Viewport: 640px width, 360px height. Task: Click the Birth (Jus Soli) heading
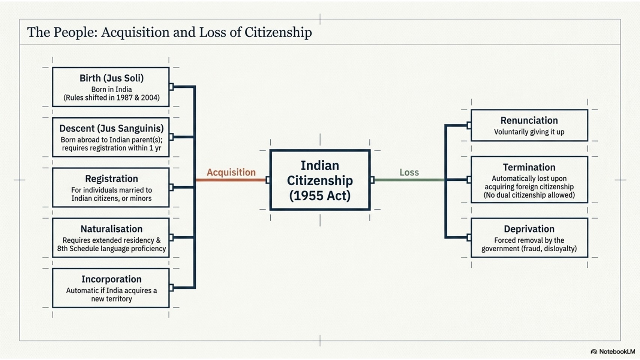(111, 78)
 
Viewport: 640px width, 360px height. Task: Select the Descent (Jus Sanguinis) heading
(111, 129)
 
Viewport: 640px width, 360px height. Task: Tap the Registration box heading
(111, 179)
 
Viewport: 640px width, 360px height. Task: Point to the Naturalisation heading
(111, 229)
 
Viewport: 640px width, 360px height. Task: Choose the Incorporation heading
(111, 279)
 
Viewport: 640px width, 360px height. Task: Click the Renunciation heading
(529, 120)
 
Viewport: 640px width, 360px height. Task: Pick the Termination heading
(529, 167)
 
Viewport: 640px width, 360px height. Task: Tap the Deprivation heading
(529, 229)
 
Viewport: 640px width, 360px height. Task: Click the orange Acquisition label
(231, 172)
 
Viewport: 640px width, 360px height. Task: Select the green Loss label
(409, 172)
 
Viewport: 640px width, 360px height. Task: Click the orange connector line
(231, 180)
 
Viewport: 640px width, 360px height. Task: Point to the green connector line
(409, 180)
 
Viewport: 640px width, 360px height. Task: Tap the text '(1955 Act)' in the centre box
(320, 196)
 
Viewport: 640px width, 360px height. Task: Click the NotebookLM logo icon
(594, 351)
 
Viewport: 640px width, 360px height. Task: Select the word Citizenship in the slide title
(278, 32)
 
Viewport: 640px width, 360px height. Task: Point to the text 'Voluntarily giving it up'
(529, 132)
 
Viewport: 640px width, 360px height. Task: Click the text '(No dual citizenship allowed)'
(529, 195)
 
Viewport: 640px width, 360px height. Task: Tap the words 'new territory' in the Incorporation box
(111, 299)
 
